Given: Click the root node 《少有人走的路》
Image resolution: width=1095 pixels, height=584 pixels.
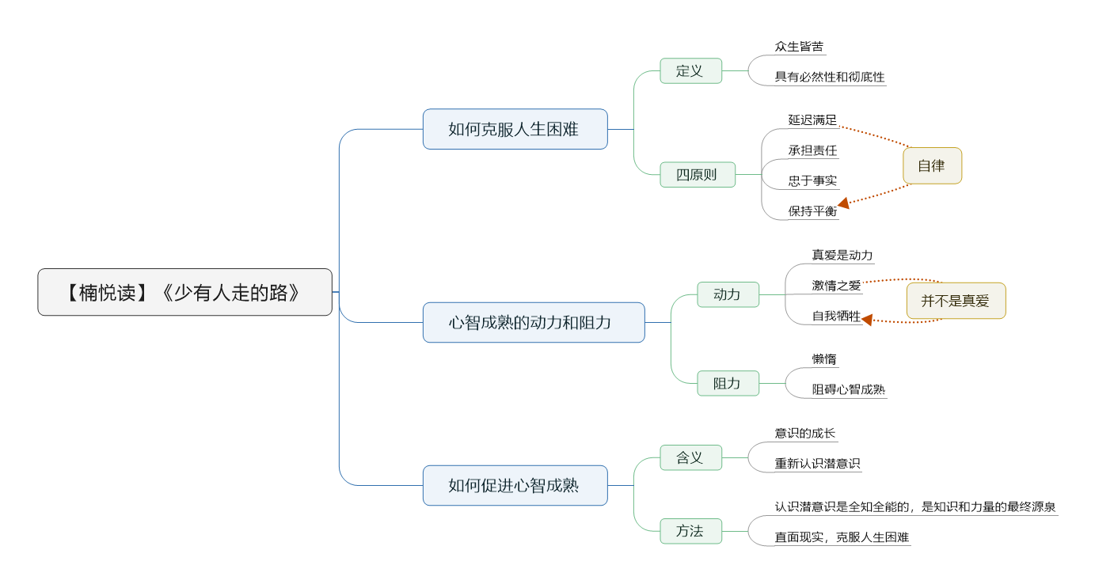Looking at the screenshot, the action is tap(184, 292).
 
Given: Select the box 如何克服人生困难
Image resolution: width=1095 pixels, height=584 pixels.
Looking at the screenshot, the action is tap(515, 129).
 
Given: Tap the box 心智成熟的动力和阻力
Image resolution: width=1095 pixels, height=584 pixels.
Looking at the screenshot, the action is tap(534, 323).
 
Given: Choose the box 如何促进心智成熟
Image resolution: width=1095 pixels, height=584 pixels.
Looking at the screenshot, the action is tap(515, 485).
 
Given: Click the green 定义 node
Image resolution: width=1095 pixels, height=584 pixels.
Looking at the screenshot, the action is tap(690, 71).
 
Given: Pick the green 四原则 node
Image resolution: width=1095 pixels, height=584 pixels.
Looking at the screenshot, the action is tap(698, 174).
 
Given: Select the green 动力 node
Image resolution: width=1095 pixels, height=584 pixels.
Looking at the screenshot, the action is tap(728, 294).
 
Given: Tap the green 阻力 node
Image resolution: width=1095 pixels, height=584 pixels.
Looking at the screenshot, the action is tap(728, 383).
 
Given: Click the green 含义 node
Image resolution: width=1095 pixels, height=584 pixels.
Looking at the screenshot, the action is tap(690, 458).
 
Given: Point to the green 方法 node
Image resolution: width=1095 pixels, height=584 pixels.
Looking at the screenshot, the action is tap(690, 531).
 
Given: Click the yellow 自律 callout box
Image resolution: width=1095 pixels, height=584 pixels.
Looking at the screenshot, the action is tap(932, 165).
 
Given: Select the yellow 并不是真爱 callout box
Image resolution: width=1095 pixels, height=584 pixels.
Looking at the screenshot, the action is tap(956, 301).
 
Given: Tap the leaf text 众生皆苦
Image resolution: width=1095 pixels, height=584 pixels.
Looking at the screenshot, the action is tap(799, 47).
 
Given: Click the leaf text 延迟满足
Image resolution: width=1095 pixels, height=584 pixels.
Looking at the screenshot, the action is tap(812, 120).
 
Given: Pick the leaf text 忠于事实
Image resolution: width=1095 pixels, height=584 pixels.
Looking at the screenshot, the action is tap(812, 181).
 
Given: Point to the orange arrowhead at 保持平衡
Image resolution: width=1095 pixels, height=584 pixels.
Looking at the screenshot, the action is tap(843, 203).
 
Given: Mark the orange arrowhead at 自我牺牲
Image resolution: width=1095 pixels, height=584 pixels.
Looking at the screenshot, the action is tap(867, 320).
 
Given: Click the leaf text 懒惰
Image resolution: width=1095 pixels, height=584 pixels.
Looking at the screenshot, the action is tap(824, 359).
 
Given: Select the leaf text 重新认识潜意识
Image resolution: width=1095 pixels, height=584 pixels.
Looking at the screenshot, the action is tap(817, 463).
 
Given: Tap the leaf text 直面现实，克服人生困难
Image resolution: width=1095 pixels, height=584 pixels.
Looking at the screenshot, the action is tap(842, 537).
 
